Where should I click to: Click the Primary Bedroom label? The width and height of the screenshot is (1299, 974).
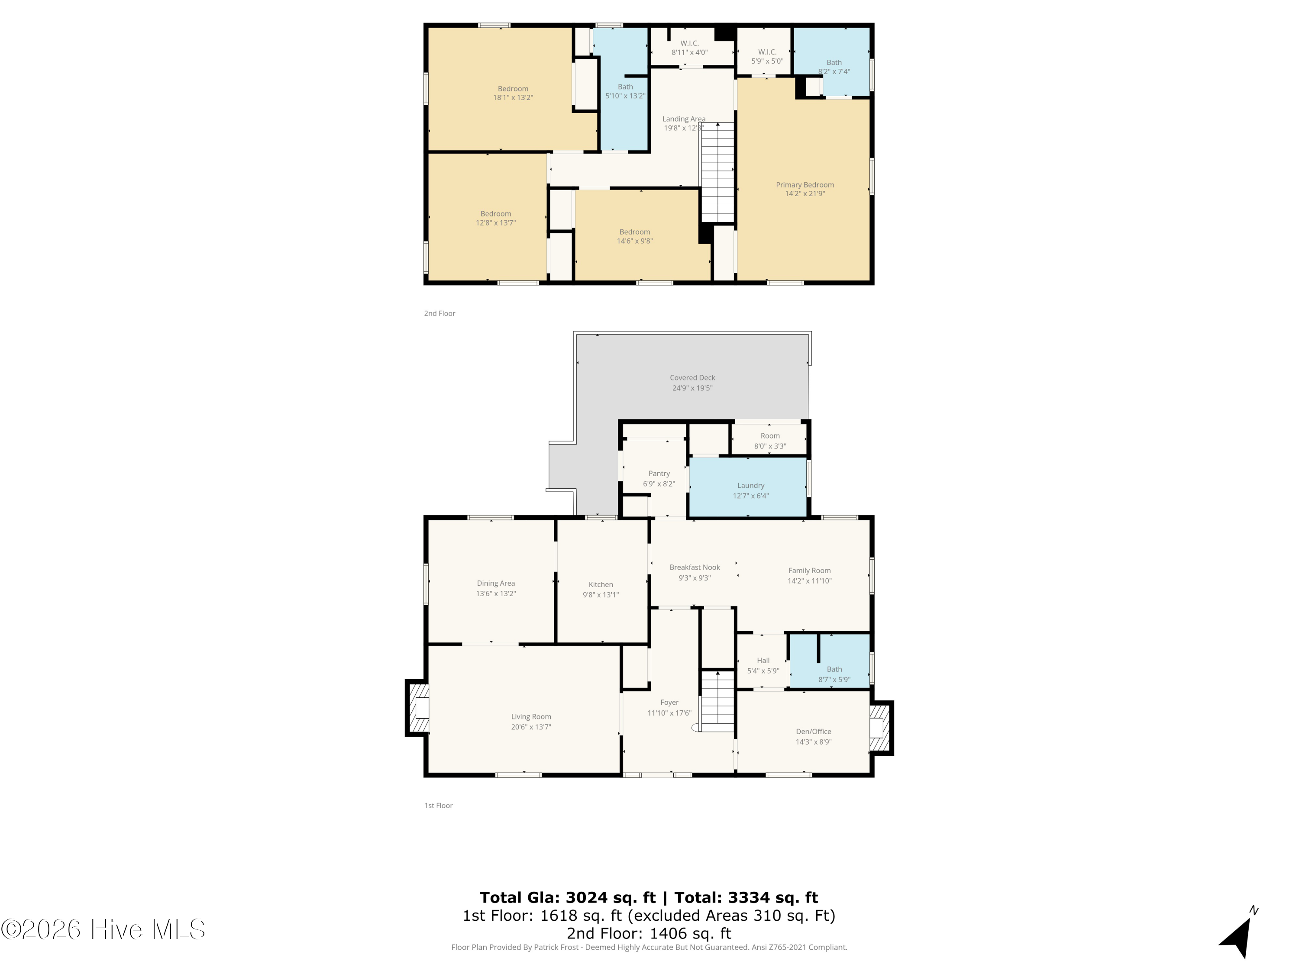pos(805,185)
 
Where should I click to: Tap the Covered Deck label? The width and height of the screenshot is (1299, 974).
pos(692,378)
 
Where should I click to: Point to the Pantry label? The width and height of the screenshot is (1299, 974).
pos(659,474)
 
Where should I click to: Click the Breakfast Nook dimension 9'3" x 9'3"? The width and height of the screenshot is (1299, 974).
pos(695,578)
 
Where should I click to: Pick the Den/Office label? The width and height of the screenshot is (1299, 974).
pos(813,732)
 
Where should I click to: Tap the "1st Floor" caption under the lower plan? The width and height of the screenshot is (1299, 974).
pos(439,806)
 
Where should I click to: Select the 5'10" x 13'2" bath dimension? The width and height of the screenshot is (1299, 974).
pos(625,96)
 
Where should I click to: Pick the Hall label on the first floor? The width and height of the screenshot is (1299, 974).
pos(763,661)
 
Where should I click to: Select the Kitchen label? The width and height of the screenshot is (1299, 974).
pos(601,585)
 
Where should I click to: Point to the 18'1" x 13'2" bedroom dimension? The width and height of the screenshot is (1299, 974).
pos(513,98)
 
